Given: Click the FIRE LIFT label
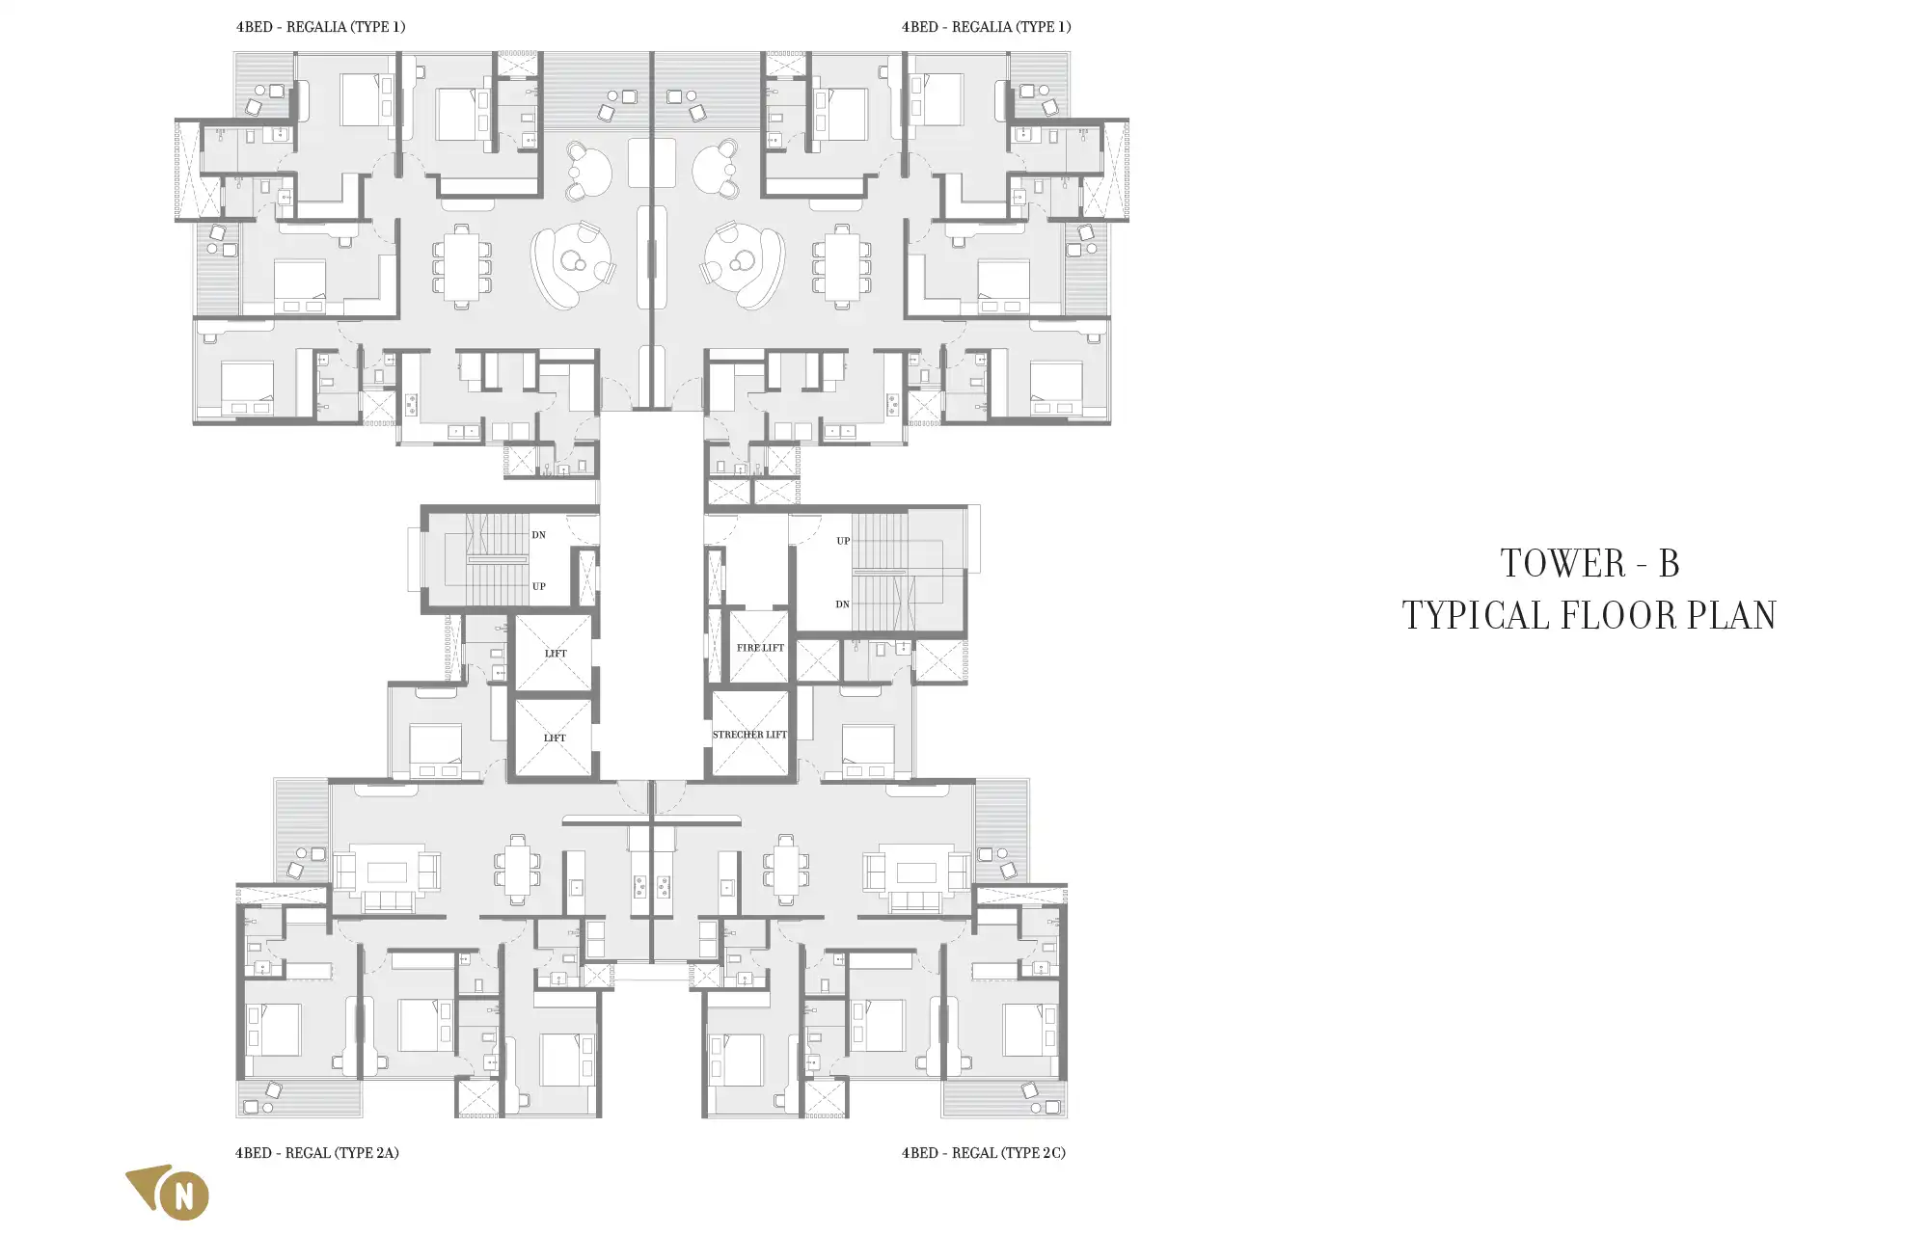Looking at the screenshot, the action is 760,648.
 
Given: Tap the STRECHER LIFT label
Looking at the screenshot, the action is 749,735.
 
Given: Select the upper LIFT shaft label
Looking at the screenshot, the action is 556,654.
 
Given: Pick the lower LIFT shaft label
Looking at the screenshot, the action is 555,738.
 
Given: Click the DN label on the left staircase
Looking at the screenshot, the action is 539,535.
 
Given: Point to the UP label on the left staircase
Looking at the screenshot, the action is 539,586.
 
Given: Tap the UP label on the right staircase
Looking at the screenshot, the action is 844,541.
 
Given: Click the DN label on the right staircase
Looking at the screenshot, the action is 843,604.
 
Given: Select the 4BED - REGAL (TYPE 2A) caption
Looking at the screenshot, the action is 317,1153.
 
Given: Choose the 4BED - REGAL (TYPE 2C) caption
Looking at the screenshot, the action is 984,1153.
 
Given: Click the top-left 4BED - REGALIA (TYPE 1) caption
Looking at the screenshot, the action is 321,27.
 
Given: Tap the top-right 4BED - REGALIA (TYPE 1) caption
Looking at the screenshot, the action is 987,27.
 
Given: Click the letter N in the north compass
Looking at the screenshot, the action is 184,1196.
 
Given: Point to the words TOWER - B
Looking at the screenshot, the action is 1589,564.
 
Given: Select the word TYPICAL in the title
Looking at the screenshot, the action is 1476,616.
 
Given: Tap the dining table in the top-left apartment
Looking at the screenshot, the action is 461,266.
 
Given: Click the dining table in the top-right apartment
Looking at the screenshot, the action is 842,266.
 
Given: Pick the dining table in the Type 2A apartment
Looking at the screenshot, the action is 518,871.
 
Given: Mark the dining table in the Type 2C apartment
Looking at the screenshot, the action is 786,871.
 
